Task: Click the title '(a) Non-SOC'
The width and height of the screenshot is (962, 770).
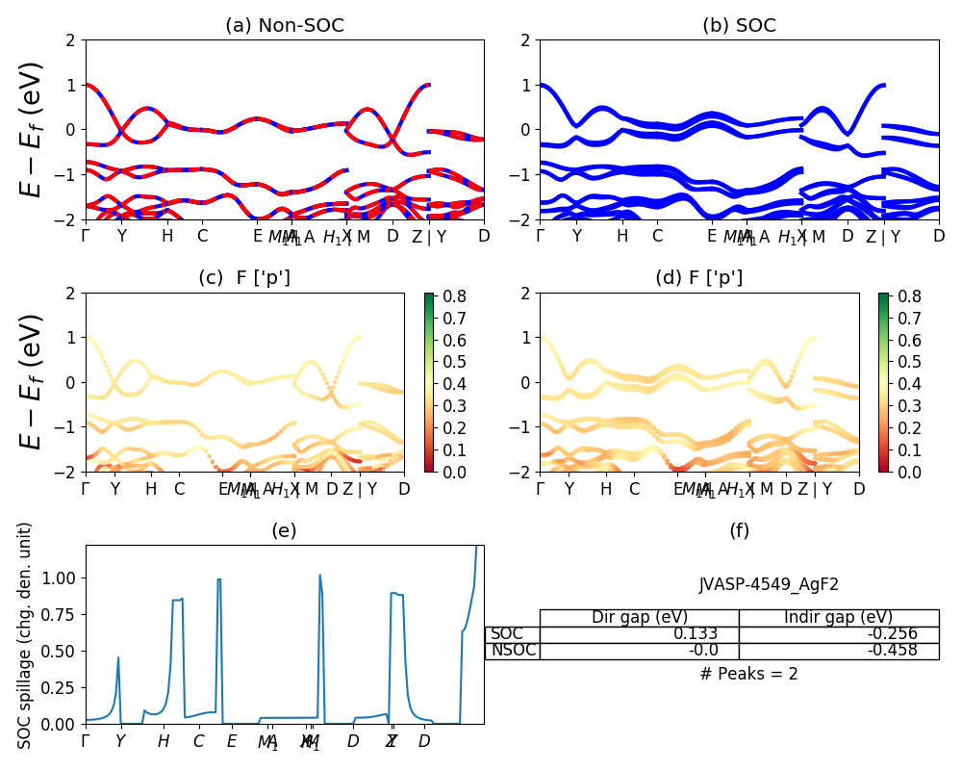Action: point(284,26)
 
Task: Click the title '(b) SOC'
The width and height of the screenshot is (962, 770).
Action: point(739,26)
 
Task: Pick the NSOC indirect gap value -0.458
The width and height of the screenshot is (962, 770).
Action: point(891,650)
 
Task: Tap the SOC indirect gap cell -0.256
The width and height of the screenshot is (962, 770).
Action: point(891,633)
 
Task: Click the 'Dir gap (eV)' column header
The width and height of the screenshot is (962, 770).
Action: point(639,617)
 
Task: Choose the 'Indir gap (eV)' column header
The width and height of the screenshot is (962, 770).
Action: point(838,617)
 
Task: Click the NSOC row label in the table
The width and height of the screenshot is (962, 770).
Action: point(512,650)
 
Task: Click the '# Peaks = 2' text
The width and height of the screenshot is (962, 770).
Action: point(748,674)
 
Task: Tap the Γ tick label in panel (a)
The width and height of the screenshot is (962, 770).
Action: point(87,236)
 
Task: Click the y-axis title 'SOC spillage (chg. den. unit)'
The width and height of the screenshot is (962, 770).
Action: point(26,635)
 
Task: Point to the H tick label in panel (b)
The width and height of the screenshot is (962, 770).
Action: point(621,236)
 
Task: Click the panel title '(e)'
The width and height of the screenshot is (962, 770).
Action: point(284,530)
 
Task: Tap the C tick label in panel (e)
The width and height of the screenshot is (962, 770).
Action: point(198,741)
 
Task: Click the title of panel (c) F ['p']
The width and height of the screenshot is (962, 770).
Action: point(244,278)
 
